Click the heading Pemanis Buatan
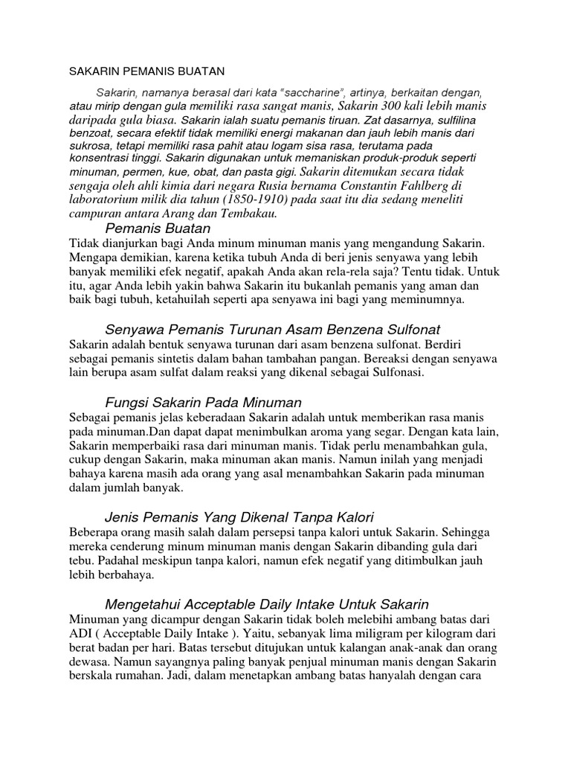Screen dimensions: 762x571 coord(158,228)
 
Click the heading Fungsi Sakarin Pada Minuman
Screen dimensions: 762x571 coord(203,403)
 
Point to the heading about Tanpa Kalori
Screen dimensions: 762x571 coord(239,516)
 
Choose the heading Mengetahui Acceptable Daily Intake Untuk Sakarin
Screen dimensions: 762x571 coord(267,603)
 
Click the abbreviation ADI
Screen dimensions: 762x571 coord(80,633)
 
